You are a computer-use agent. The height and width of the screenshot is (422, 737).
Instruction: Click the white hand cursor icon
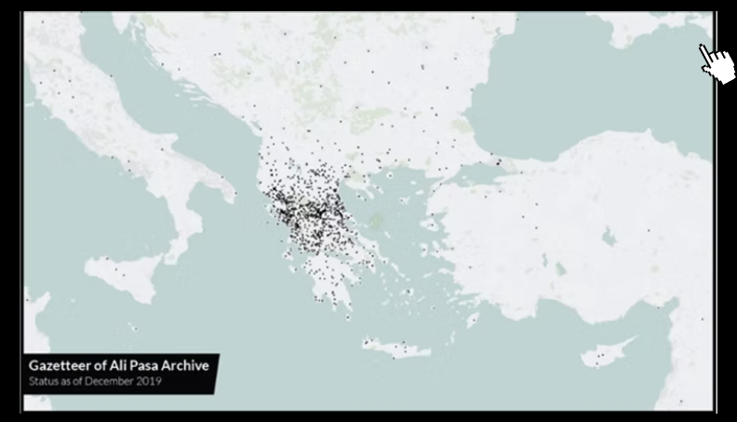716,62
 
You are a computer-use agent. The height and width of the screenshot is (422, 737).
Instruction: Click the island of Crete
395,347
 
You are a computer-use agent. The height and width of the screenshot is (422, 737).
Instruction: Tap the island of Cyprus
603,356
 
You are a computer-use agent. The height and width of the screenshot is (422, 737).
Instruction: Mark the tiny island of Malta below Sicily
133,327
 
